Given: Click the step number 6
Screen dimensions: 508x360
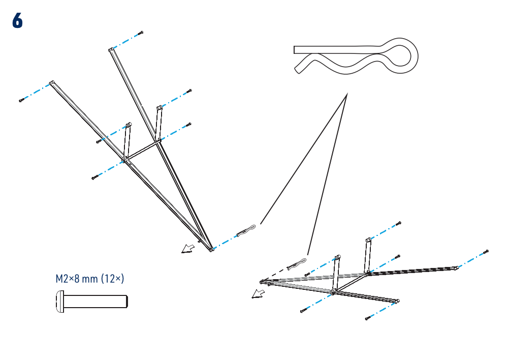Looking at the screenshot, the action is [x=17, y=21].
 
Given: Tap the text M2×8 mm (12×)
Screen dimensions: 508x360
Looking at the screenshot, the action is [x=90, y=279].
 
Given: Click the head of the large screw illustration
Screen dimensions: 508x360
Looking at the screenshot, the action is [x=60, y=302].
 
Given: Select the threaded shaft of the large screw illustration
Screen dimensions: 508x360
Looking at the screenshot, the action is [x=96, y=302].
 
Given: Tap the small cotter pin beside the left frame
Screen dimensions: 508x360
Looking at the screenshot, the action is [x=246, y=230].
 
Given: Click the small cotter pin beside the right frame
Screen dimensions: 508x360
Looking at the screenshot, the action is [x=297, y=264].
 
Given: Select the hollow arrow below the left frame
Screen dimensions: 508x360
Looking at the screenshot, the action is [x=188, y=249].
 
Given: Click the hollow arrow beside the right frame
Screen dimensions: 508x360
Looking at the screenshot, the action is [x=258, y=294].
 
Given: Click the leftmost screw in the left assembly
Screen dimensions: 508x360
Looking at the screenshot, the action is [x=21, y=100].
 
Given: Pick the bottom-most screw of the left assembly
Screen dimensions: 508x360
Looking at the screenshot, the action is [x=95, y=177].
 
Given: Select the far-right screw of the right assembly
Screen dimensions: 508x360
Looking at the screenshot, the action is [x=486, y=252].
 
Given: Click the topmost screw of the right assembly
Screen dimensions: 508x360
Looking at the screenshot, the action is [x=398, y=223].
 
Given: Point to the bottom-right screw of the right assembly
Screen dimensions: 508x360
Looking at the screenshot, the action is [x=368, y=318].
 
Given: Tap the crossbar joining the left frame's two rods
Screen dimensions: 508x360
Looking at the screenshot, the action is [x=142, y=150].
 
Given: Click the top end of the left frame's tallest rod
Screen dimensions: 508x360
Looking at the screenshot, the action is [x=111, y=50].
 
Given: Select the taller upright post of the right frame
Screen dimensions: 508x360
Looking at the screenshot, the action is [x=367, y=256].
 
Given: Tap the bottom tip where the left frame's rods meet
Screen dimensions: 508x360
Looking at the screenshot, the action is [x=211, y=250].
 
